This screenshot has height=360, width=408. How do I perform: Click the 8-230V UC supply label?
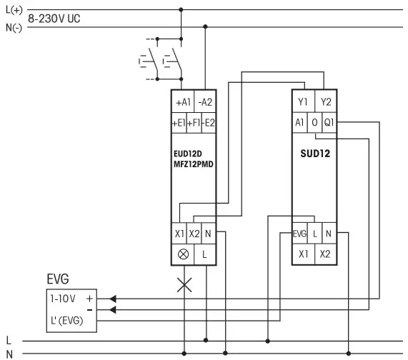[54, 19]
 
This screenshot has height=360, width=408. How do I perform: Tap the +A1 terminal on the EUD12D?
[183, 102]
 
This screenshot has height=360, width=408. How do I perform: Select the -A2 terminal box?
[205, 102]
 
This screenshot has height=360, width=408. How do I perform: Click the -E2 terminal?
[209, 123]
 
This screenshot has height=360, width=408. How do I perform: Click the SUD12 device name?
[314, 153]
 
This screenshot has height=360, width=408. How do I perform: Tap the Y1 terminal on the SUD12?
[303, 102]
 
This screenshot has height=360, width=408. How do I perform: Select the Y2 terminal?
[326, 102]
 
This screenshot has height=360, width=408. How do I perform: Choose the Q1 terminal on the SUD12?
[329, 122]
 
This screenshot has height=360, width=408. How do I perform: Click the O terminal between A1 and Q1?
[314, 122]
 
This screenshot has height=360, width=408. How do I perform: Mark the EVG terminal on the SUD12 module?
[300, 234]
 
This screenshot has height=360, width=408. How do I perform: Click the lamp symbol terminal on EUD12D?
[182, 254]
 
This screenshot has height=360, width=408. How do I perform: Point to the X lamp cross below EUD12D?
[184, 285]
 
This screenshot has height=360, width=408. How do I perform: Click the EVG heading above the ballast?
[60, 279]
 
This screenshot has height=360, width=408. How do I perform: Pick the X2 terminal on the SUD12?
[326, 254]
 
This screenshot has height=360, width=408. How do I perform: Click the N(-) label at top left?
[13, 28]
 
